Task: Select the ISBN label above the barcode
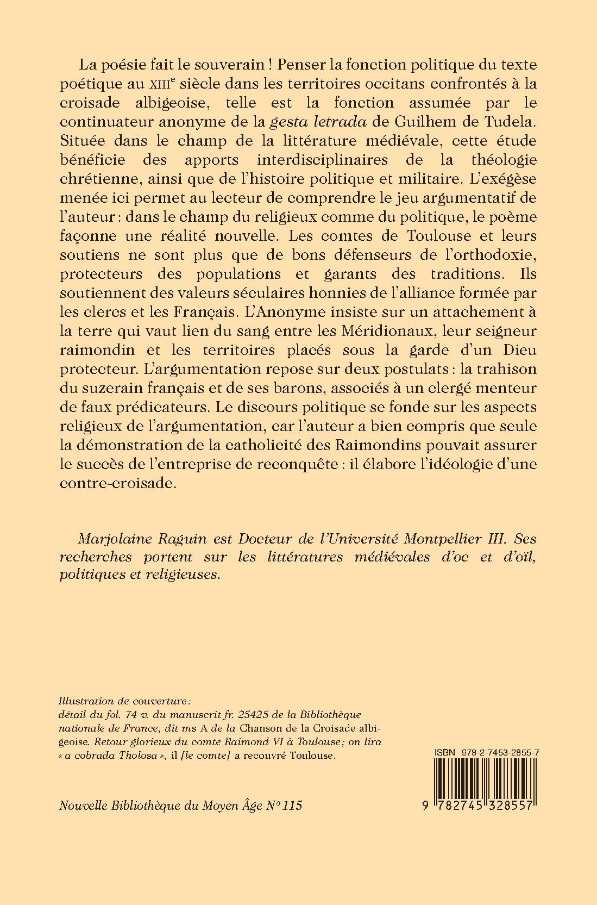coord(443,751)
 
